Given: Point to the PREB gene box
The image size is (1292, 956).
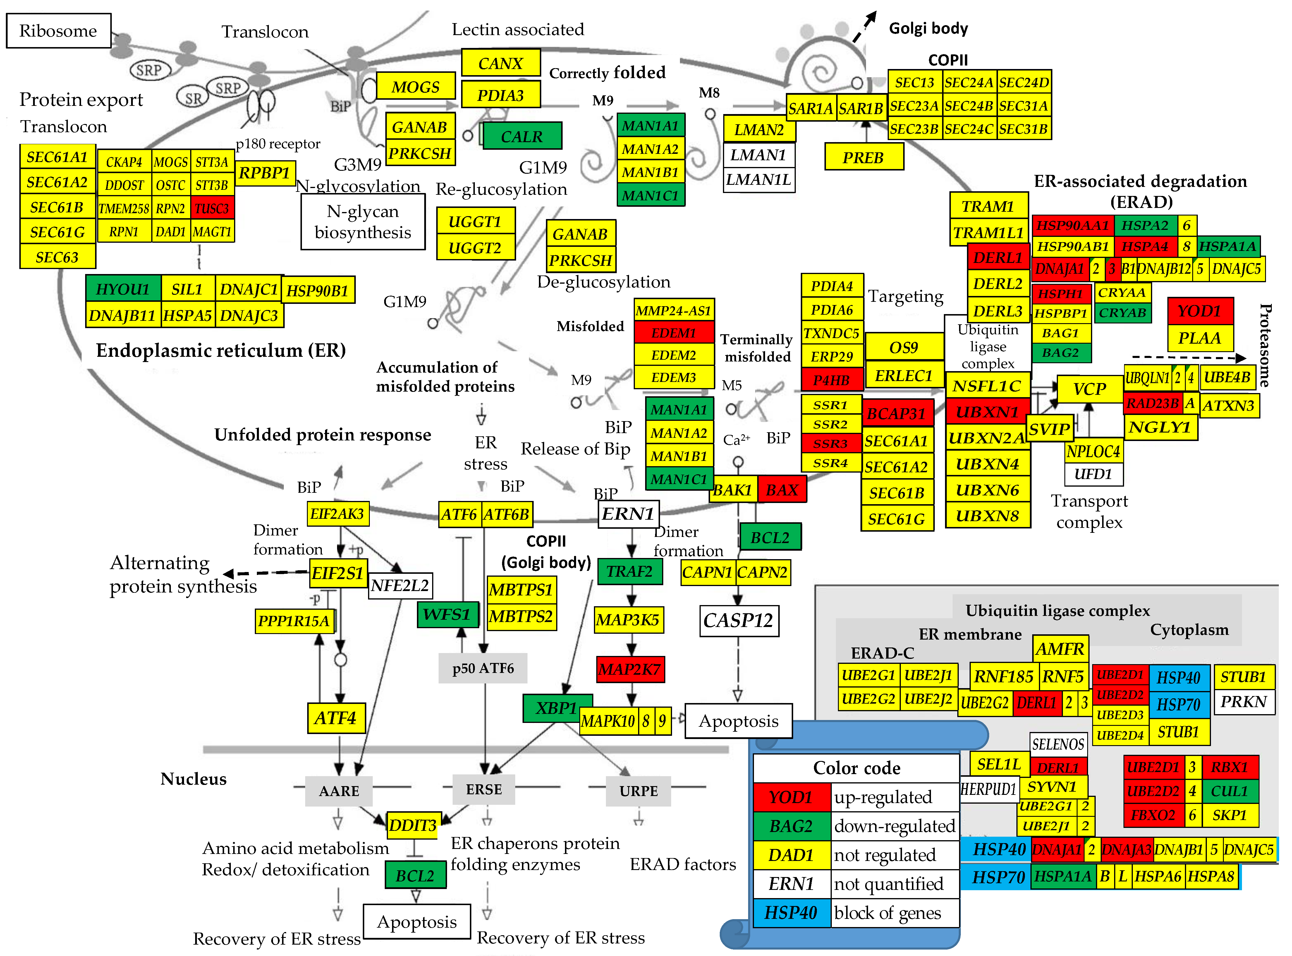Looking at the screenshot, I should (863, 157).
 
